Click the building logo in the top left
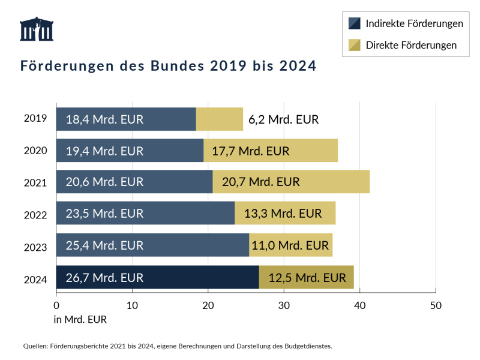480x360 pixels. coord(37,29)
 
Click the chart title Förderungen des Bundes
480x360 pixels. coord(168,65)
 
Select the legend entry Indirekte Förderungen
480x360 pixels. coord(414,23)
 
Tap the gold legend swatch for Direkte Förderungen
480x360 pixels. coord(355,45)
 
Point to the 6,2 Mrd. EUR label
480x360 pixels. coord(283,119)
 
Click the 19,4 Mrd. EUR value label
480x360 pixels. coord(104,151)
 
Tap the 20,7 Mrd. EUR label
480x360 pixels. coord(260,181)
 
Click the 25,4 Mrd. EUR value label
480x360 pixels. coord(104,245)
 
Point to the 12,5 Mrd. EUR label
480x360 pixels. coord(307,277)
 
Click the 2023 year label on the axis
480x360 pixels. coord(35,247)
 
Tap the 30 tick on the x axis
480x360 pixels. coord(284,305)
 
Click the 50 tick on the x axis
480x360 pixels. coord(436,305)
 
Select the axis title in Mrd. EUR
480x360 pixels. coord(80,319)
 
